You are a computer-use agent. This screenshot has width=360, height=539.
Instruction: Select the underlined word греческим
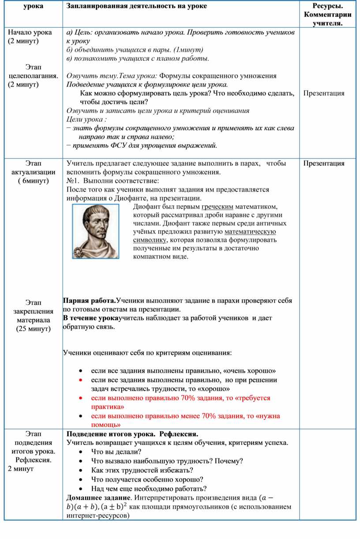217,207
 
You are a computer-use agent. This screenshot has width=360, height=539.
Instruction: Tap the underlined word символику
149,240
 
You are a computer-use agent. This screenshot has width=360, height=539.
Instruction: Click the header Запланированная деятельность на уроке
130,6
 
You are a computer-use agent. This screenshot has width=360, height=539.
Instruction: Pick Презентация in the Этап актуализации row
324,163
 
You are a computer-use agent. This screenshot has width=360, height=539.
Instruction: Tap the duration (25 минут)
34,329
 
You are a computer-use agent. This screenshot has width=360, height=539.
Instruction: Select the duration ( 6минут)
34,181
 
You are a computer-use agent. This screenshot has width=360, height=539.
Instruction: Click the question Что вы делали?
116,452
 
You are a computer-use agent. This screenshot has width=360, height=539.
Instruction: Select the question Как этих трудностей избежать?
142,470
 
